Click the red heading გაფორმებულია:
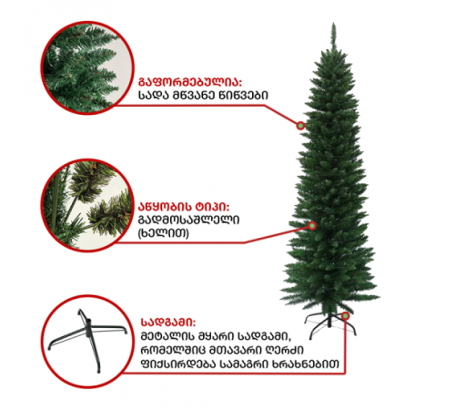click(x=190, y=82)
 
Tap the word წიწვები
click(x=243, y=96)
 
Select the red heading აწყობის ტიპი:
click(x=184, y=207)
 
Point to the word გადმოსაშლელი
click(x=188, y=220)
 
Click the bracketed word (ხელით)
click(x=164, y=233)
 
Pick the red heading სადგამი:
click(x=168, y=323)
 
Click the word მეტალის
click(x=167, y=336)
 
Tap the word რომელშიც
click(x=172, y=350)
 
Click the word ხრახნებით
click(x=306, y=364)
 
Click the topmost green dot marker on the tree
click(x=300, y=125)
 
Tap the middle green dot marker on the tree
click(x=312, y=226)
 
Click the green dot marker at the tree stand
click(x=345, y=316)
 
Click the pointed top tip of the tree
click(x=333, y=23)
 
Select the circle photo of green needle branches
click(x=87, y=67)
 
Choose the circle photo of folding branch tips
click(x=87, y=205)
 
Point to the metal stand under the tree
click(x=329, y=325)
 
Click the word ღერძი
click(x=285, y=350)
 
